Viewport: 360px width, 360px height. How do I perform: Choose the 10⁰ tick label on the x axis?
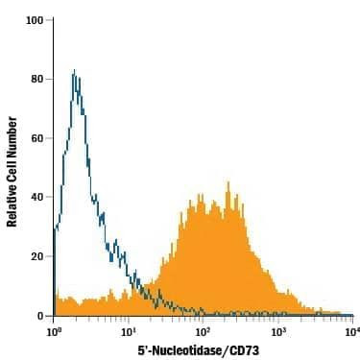pyautogui.click(x=54, y=331)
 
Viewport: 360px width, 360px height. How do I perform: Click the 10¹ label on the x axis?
pyautogui.click(x=129, y=331)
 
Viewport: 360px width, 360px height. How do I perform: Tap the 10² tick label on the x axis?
pyautogui.click(x=204, y=331)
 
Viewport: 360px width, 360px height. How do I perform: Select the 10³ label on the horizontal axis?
pyautogui.click(x=278, y=331)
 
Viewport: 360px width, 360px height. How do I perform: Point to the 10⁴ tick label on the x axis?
pyautogui.click(x=352, y=331)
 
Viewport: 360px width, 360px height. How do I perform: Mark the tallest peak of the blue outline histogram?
pyautogui.click(x=74, y=70)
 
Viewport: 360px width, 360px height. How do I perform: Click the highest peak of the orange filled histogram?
pyautogui.click(x=228, y=182)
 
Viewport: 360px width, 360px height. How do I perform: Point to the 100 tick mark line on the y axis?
pyautogui.click(x=51, y=19)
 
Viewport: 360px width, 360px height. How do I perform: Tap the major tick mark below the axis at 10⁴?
pyautogui.click(x=352, y=320)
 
